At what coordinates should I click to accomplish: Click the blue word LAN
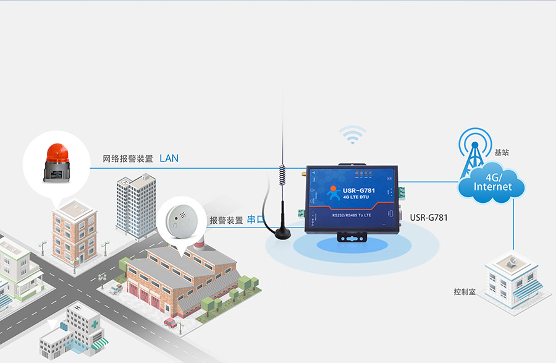[169, 158]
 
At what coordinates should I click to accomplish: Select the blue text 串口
[256, 220]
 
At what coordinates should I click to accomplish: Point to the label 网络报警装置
[128, 159]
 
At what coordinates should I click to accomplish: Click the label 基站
[502, 152]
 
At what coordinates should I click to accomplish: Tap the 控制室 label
[465, 291]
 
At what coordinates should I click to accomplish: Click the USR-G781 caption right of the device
[429, 217]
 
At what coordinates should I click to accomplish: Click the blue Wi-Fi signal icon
[352, 134]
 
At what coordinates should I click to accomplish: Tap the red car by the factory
[170, 322]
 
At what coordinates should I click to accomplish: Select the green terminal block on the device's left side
[301, 213]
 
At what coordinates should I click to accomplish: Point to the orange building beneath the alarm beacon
[74, 232]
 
